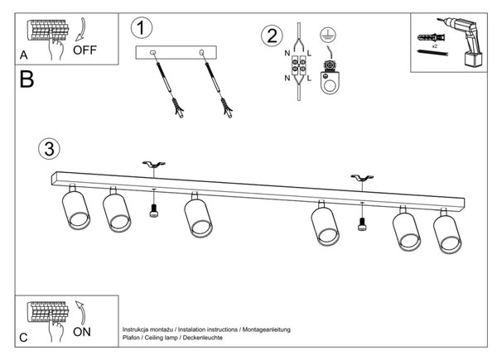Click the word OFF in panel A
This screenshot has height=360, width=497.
tap(84, 50)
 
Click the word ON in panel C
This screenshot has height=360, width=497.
tap(82, 332)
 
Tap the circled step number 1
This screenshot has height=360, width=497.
tap(142, 28)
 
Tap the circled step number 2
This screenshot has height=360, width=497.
tap(272, 36)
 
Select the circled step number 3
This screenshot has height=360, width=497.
tap(49, 148)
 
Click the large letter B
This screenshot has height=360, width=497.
tap(27, 79)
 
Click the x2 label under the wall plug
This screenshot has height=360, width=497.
tap(435, 46)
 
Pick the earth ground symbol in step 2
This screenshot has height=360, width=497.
tap(328, 35)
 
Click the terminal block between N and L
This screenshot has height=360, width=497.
tap(298, 65)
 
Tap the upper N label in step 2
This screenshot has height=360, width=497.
tap(287, 53)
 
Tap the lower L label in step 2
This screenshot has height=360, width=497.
tap(309, 78)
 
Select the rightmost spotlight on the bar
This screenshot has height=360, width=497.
tap(447, 231)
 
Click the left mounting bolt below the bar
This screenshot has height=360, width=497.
tap(154, 211)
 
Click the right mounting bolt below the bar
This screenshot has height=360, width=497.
tap(362, 223)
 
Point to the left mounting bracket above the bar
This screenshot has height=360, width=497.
tap(154, 165)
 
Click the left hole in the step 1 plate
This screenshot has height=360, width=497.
tap(152, 52)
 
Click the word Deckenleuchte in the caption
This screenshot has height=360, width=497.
tap(203, 338)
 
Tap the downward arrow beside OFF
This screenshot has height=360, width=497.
tap(82, 29)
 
